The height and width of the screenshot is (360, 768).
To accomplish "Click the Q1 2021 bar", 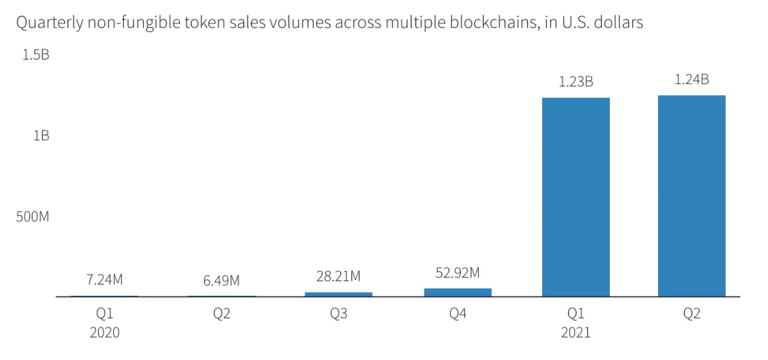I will click(x=575, y=197).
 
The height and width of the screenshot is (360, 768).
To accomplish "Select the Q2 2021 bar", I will click(x=691, y=196).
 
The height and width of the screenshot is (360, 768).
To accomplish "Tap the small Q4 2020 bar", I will click(x=457, y=292).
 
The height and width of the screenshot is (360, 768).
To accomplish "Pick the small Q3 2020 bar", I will click(x=338, y=294).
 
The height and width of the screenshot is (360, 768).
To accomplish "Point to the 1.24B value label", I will click(x=691, y=79).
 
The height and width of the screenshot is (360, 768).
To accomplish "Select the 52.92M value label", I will click(x=457, y=272).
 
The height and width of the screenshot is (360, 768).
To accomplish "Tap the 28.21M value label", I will click(x=338, y=276).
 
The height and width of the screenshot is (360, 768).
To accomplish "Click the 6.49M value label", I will click(x=222, y=280).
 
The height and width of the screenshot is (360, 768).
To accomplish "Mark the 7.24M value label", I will click(x=105, y=279).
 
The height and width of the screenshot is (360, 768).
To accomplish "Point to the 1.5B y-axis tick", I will click(x=36, y=55).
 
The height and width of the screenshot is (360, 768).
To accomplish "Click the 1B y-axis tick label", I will click(x=40, y=136).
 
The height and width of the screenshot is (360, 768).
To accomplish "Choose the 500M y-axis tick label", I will click(x=32, y=217).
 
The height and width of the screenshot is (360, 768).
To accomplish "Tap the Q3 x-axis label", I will click(x=338, y=314).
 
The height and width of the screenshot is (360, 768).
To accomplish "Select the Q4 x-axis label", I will click(x=457, y=314).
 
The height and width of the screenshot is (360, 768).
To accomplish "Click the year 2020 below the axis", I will click(x=105, y=332).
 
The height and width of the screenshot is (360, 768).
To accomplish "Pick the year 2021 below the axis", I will click(x=575, y=332).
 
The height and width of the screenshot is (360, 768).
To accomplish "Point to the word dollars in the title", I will click(x=618, y=23).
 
